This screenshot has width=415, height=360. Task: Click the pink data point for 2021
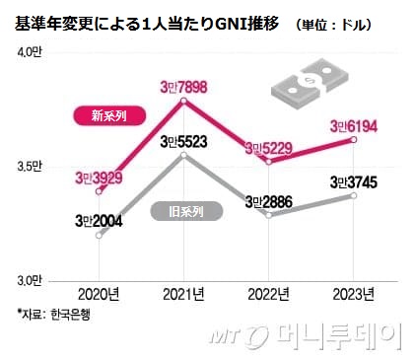(184, 101)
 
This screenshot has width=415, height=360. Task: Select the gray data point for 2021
(184, 155)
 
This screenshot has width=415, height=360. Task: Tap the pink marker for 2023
(354, 140)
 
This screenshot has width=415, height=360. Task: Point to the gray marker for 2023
(354, 195)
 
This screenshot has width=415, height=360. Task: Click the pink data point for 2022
(269, 162)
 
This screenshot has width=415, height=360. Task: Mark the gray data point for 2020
(99, 235)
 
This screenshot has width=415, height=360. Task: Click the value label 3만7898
(183, 88)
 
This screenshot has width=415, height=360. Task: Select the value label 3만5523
(183, 142)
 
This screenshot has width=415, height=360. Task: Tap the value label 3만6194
(354, 126)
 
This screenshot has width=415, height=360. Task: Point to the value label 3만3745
(354, 182)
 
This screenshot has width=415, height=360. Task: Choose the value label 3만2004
(99, 221)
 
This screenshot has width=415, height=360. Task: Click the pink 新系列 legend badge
(109, 115)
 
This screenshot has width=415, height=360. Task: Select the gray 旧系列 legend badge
(186, 211)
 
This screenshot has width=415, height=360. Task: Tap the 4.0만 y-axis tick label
(30, 52)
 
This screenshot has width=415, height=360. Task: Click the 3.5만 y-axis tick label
(30, 167)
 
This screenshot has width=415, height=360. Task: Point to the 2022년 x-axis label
(268, 294)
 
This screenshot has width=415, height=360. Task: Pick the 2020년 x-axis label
(99, 294)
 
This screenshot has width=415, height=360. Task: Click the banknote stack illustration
(310, 83)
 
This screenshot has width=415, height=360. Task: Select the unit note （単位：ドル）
(333, 25)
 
